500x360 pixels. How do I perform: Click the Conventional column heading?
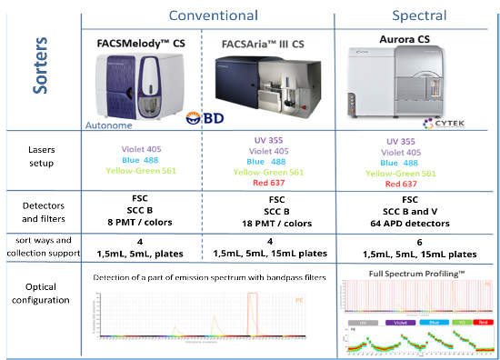[x=212, y=15]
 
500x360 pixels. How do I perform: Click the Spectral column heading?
[x=417, y=15]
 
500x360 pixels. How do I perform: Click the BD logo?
[x=199, y=118]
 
